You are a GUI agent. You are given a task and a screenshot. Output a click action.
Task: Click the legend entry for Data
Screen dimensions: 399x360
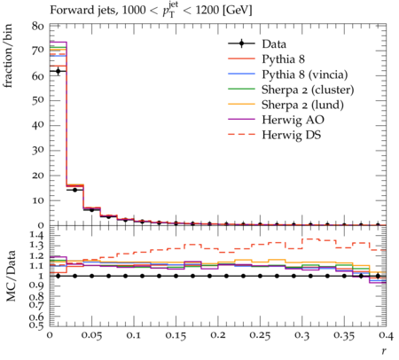click(274, 44)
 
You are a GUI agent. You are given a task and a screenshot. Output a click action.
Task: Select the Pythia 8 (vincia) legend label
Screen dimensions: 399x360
click(305, 74)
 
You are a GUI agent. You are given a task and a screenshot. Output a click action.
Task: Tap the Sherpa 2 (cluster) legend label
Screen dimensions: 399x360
click(308, 90)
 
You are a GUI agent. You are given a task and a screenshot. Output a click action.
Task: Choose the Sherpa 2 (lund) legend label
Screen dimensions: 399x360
click(302, 105)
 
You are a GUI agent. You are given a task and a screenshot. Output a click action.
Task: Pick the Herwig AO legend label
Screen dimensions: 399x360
click(293, 120)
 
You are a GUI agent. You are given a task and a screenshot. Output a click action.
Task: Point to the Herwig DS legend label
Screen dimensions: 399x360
click(292, 135)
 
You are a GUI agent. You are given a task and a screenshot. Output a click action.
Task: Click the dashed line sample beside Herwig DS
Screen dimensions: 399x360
click(241, 135)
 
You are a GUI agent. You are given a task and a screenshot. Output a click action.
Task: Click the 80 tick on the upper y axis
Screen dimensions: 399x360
click(38, 27)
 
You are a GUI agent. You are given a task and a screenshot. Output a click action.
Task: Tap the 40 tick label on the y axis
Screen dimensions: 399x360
click(38, 125)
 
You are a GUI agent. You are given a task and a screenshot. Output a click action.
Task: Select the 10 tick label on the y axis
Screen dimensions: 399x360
click(38, 200)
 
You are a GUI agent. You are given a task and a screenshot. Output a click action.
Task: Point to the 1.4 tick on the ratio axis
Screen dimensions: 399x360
click(36, 236)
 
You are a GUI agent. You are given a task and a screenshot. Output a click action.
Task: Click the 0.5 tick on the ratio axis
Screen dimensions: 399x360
click(36, 325)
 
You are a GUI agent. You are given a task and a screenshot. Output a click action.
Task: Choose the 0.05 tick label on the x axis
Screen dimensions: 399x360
click(91, 335)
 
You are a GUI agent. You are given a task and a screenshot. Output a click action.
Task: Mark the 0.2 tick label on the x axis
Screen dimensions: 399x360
click(218, 335)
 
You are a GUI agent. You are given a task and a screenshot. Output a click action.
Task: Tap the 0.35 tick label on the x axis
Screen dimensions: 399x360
click(344, 335)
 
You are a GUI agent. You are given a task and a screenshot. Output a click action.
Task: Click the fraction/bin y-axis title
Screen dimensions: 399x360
click(8, 56)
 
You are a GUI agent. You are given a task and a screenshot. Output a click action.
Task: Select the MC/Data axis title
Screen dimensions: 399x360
click(11, 276)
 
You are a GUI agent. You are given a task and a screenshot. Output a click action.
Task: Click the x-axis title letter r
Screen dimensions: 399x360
click(384, 351)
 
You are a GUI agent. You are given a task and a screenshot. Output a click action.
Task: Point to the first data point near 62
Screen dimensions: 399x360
click(58, 71)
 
